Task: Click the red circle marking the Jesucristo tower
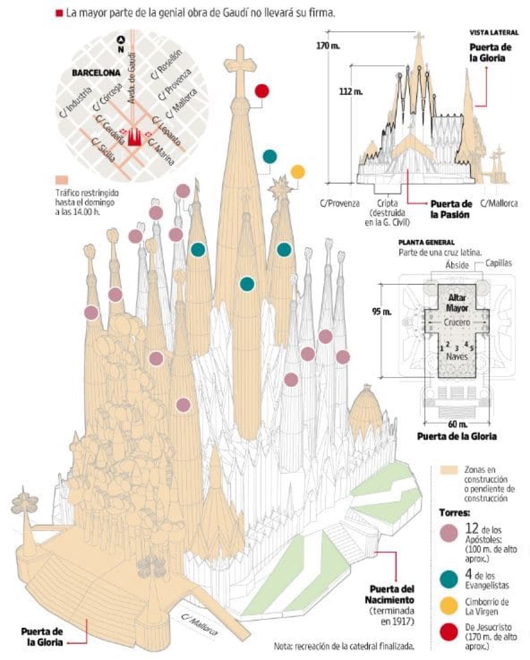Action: pyautogui.click(x=261, y=91)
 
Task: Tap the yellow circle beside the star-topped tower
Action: pyautogui.click(x=297, y=172)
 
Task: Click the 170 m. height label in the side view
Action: pyautogui.click(x=328, y=46)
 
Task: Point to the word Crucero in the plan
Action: pyautogui.click(x=456, y=322)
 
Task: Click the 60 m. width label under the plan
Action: pyautogui.click(x=456, y=424)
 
